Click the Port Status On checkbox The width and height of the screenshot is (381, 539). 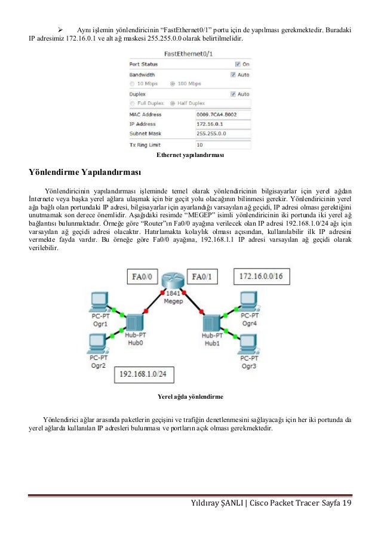(x=238, y=64)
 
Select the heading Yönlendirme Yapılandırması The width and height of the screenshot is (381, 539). (x=85, y=173)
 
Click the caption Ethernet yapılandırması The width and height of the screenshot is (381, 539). (x=190, y=155)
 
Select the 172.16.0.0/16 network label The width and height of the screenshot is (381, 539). (x=260, y=276)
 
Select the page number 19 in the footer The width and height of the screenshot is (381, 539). (x=346, y=505)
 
